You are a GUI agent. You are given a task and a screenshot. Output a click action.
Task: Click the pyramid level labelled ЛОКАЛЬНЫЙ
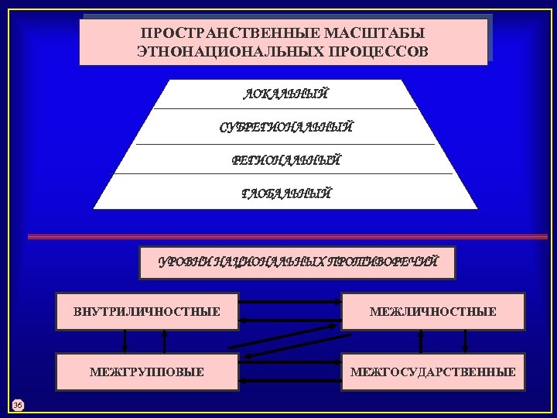[285, 95]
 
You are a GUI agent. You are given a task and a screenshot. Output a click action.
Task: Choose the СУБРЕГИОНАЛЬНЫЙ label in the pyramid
[285, 127]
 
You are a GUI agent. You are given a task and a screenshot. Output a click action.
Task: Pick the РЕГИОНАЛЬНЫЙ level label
[285, 160]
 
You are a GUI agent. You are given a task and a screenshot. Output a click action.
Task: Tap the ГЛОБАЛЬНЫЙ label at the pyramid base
[285, 193]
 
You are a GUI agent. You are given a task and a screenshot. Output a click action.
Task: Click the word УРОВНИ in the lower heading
[185, 262]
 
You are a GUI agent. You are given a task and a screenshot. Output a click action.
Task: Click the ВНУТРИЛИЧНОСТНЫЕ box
[146, 312]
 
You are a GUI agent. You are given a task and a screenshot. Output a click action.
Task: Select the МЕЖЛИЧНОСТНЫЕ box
[432, 312]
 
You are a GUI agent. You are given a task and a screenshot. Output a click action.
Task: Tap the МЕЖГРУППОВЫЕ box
[146, 372]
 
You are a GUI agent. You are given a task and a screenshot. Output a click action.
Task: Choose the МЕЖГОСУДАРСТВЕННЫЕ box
[432, 372]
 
